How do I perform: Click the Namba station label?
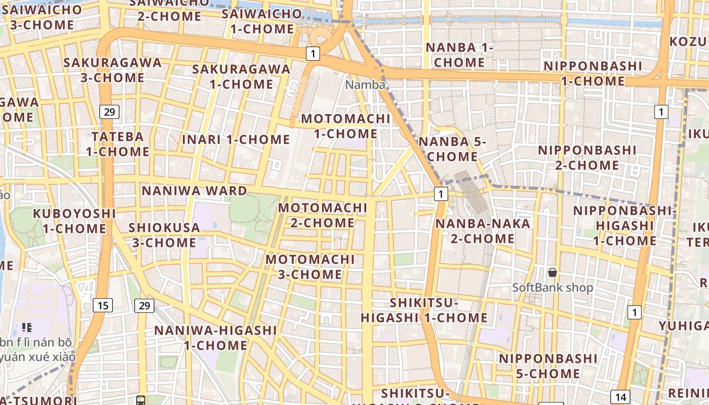pyautogui.click(x=365, y=85)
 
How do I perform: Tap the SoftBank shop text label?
pyautogui.click(x=553, y=288)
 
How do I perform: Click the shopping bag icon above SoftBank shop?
pyautogui.click(x=553, y=273)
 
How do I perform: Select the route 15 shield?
pyautogui.click(x=103, y=305)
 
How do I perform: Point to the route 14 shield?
pyautogui.click(x=621, y=397)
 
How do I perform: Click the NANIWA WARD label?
pyautogui.click(x=194, y=191)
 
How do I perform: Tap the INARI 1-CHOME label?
pyautogui.click(x=236, y=139)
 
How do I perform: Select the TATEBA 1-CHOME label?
pyautogui.click(x=117, y=144)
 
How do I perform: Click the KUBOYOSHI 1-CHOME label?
pyautogui.click(x=74, y=221)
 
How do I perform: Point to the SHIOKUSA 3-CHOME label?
pyautogui.click(x=164, y=235)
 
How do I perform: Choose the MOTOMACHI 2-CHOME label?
pyautogui.click(x=323, y=215)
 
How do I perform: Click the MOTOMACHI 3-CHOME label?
pyautogui.click(x=310, y=267)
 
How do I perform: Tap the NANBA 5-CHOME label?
pyautogui.click(x=452, y=149)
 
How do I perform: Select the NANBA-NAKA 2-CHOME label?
pyautogui.click(x=483, y=231)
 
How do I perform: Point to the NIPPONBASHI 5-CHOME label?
pyautogui.click(x=541, y=366)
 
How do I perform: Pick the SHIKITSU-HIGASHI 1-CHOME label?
pyautogui.click(x=424, y=310)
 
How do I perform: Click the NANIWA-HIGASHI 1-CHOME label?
pyautogui.click(x=216, y=338)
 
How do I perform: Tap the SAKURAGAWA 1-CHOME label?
pyautogui.click(x=242, y=76)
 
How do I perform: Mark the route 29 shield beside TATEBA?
pyautogui.click(x=109, y=112)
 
